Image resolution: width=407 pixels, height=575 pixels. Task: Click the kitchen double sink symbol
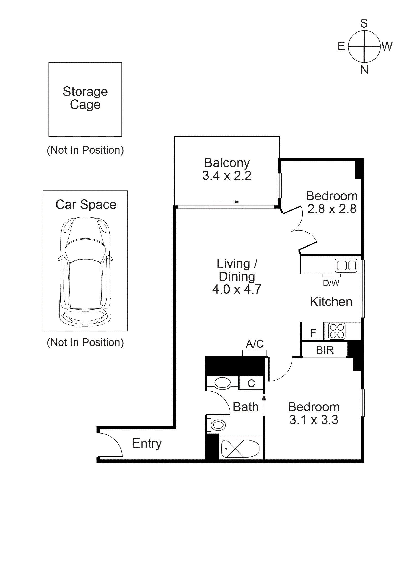point(346,265)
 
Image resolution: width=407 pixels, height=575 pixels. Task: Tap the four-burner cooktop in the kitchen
point(337,331)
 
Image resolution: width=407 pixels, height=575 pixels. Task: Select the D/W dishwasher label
point(331,283)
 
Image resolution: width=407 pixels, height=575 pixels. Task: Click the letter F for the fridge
point(313,333)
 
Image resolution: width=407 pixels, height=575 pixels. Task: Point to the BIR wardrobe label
point(325,350)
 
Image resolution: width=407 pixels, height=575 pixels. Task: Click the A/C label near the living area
point(255,344)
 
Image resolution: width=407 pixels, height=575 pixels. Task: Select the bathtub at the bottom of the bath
point(240,449)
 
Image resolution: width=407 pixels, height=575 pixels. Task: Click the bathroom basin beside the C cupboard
point(223,383)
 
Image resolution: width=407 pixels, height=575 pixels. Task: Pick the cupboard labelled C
point(251,383)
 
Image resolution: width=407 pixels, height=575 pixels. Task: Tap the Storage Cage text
point(85,98)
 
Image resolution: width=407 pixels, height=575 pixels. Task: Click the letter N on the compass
point(364,70)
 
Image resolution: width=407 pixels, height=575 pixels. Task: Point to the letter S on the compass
point(364,23)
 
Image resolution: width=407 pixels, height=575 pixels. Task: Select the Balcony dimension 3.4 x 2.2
point(227,176)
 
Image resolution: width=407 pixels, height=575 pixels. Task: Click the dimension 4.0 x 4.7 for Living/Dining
point(237,289)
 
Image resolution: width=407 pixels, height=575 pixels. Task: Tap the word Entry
point(147,444)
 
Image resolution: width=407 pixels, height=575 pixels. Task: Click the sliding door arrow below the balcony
point(226,202)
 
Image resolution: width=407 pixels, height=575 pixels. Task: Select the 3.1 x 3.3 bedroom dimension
point(314,420)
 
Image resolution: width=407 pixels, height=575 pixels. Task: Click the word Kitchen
point(331,302)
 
